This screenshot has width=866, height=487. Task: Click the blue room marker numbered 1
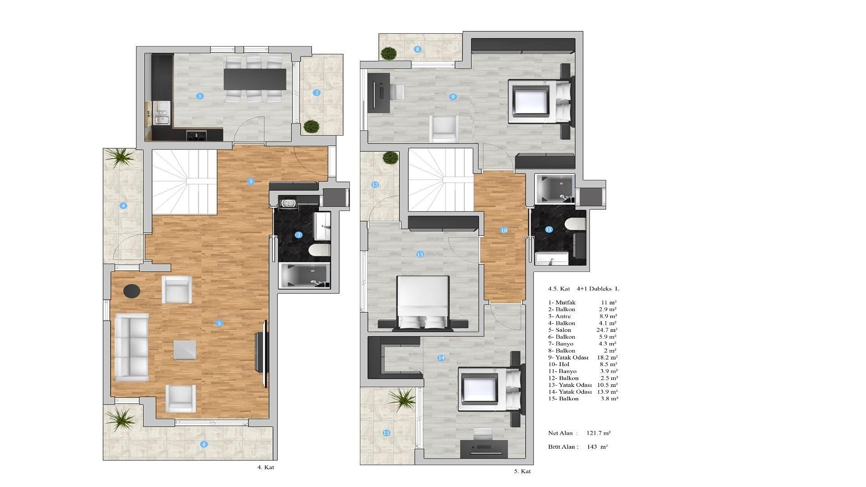pos(200,96)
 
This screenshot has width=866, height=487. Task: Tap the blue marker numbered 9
pos(453,96)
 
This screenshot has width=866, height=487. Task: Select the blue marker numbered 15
pos(386,433)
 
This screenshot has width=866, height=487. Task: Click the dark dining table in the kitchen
pos(255,79)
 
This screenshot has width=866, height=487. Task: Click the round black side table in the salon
pos(132,291)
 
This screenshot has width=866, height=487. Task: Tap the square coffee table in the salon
pos(185,350)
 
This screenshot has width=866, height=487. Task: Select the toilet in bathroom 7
pos(320,250)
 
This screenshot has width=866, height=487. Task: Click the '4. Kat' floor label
pos(266,467)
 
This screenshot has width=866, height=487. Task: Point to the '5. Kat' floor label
pos(522,471)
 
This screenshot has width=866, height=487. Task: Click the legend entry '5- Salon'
pos(560,330)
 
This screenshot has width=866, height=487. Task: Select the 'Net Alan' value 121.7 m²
pos(599,433)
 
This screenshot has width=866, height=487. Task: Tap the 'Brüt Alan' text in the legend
pos(563,447)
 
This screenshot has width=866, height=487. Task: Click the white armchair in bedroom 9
pos(444,129)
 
